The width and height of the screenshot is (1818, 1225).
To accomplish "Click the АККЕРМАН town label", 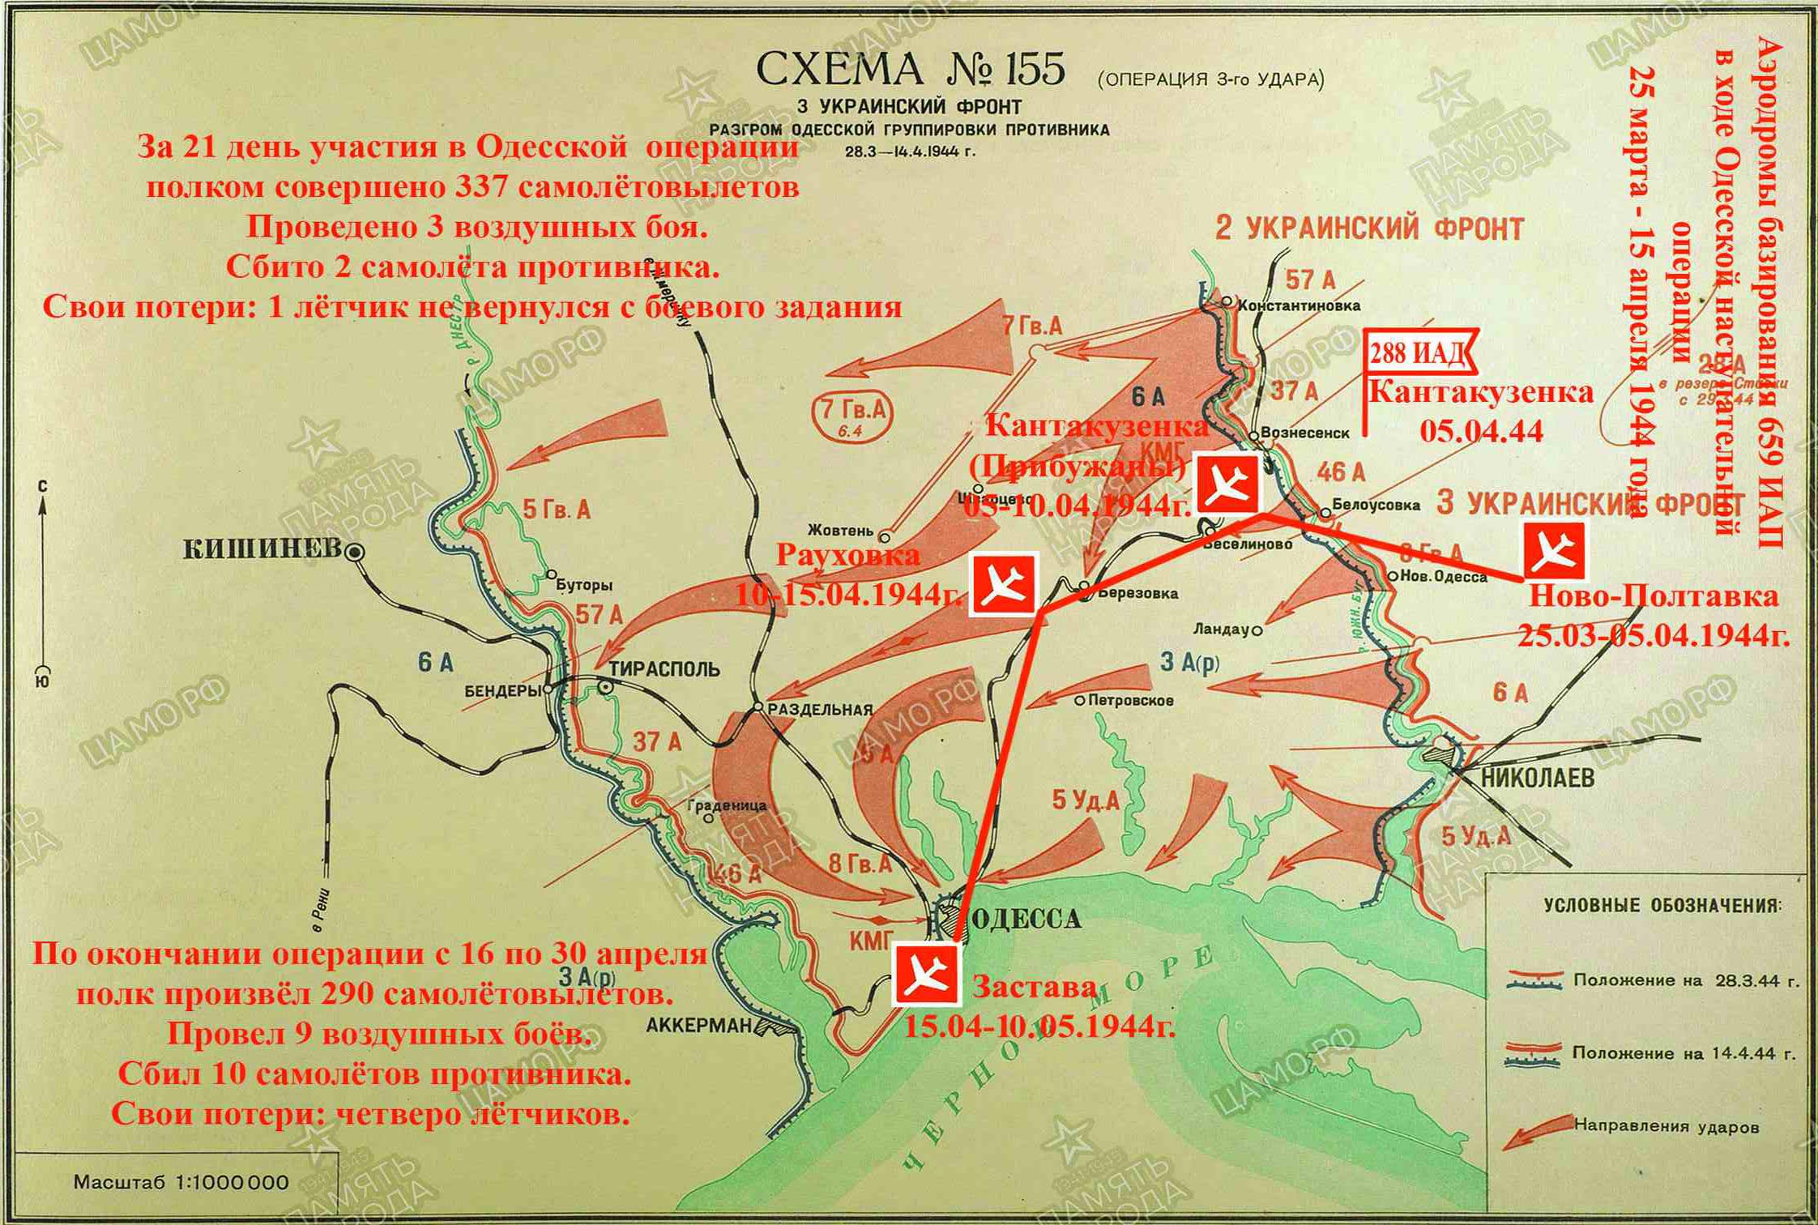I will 699,1026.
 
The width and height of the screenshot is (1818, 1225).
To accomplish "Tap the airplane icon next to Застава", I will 924,976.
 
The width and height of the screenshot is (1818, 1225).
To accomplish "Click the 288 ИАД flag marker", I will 1418,355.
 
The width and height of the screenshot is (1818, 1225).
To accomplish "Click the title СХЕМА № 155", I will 910,70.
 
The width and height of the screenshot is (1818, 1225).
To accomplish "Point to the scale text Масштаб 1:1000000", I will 181,1182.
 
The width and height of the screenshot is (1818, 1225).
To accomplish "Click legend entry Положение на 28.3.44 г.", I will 1685,980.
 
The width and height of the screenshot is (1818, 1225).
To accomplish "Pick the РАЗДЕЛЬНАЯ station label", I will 820,710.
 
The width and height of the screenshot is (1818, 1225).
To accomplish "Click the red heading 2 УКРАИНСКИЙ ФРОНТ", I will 1369,228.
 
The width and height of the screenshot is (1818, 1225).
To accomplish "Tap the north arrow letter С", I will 42,485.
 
